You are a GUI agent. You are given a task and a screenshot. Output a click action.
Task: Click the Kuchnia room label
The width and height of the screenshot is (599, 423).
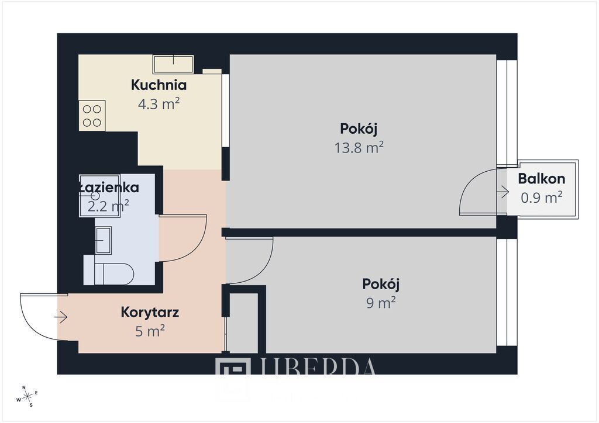pyautogui.click(x=159, y=85)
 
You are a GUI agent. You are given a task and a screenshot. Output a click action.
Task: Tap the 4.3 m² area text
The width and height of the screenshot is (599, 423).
pyautogui.click(x=159, y=105)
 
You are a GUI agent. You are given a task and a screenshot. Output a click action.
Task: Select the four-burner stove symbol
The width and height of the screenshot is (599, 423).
pyautogui.click(x=92, y=115)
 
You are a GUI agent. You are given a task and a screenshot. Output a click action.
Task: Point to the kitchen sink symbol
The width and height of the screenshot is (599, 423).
pyautogui.click(x=173, y=64)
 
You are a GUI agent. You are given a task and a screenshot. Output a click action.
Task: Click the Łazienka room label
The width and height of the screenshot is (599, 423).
pyautogui.click(x=109, y=188)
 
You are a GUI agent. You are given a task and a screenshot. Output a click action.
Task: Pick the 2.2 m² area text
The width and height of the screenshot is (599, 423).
pyautogui.click(x=108, y=206)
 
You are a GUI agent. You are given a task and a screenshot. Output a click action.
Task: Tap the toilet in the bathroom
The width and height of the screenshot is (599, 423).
pyautogui.click(x=114, y=273)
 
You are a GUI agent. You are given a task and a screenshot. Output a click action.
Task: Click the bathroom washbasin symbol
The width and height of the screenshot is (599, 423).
pyautogui.click(x=104, y=240)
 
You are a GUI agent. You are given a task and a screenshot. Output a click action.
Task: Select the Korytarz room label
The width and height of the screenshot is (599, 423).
pyautogui.click(x=150, y=312)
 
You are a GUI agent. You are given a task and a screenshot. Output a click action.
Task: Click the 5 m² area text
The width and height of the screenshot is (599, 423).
pyautogui.click(x=150, y=331)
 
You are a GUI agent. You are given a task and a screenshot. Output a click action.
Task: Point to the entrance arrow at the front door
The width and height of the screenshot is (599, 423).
pyautogui.click(x=61, y=317)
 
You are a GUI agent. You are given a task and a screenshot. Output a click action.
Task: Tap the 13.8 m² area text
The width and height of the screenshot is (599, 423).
pyautogui.click(x=359, y=147)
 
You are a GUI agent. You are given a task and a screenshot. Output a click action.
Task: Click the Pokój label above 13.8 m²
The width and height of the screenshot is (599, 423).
pyautogui.click(x=359, y=129)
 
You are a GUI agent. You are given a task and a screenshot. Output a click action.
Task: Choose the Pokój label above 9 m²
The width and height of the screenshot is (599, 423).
pyautogui.click(x=380, y=285)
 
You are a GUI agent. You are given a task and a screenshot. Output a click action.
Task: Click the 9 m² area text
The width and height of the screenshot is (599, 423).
pyautogui.click(x=380, y=303)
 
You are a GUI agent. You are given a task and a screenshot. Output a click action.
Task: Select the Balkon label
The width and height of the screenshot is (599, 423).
pyautogui.click(x=541, y=179)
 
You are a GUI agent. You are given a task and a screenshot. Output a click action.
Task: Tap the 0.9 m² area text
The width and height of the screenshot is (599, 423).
pyautogui.click(x=541, y=197)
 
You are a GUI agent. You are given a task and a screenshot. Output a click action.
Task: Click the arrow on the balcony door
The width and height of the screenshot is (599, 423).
pyautogui.click(x=502, y=190)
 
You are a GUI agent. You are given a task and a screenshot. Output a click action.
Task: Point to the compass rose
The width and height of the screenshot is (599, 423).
pyautogui.click(x=27, y=396)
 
